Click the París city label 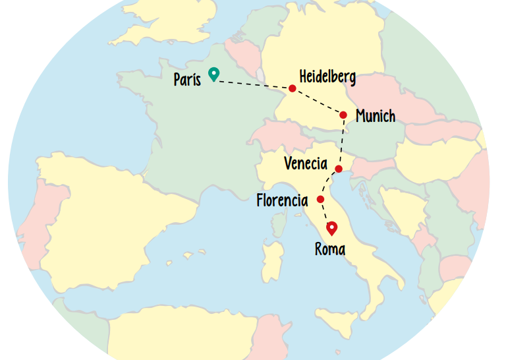point(187,80)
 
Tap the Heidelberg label point(327,77)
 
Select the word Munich point(376,117)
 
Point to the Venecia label point(306,164)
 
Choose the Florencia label point(282,200)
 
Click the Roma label point(330,250)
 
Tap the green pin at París point(213,74)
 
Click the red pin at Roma point(332,228)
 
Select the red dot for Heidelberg point(292,88)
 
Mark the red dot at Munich point(343,115)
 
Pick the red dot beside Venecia point(339,169)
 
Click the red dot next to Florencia point(320,199)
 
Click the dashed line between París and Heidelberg point(254,84)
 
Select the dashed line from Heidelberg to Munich point(318,102)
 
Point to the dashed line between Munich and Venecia point(341,142)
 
